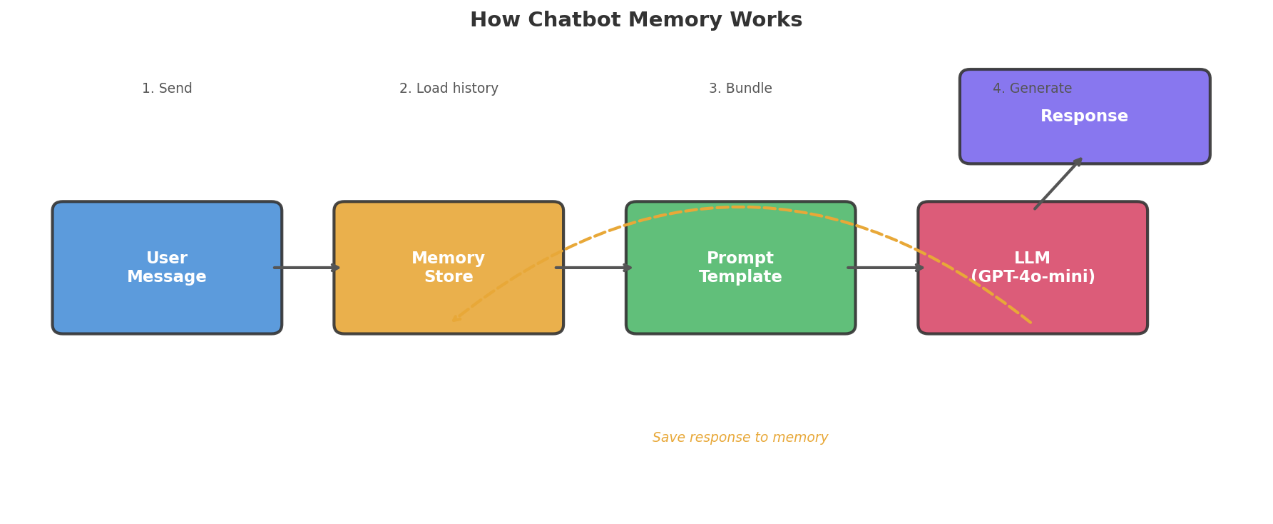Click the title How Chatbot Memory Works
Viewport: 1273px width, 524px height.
pyautogui.click(x=635, y=20)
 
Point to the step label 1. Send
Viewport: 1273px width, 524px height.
pyautogui.click(x=167, y=89)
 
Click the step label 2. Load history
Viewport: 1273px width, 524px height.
pyautogui.click(x=449, y=89)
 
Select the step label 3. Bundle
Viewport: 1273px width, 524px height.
pyautogui.click(x=740, y=89)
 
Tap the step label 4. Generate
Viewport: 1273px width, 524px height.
pyautogui.click(x=1032, y=89)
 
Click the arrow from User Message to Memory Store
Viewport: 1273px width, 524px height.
pyautogui.click(x=307, y=268)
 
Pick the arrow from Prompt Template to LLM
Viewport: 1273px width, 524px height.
pyautogui.click(x=886, y=268)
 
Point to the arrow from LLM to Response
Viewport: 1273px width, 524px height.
pyautogui.click(x=1058, y=183)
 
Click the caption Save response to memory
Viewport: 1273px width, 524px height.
pyautogui.click(x=740, y=438)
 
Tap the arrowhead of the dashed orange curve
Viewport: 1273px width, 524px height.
pyautogui.click(x=456, y=318)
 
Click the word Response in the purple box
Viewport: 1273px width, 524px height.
pyautogui.click(x=1084, y=116)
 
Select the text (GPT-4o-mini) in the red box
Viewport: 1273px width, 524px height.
pyautogui.click(x=1033, y=277)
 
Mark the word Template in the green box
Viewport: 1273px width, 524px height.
pyautogui.click(x=740, y=277)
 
